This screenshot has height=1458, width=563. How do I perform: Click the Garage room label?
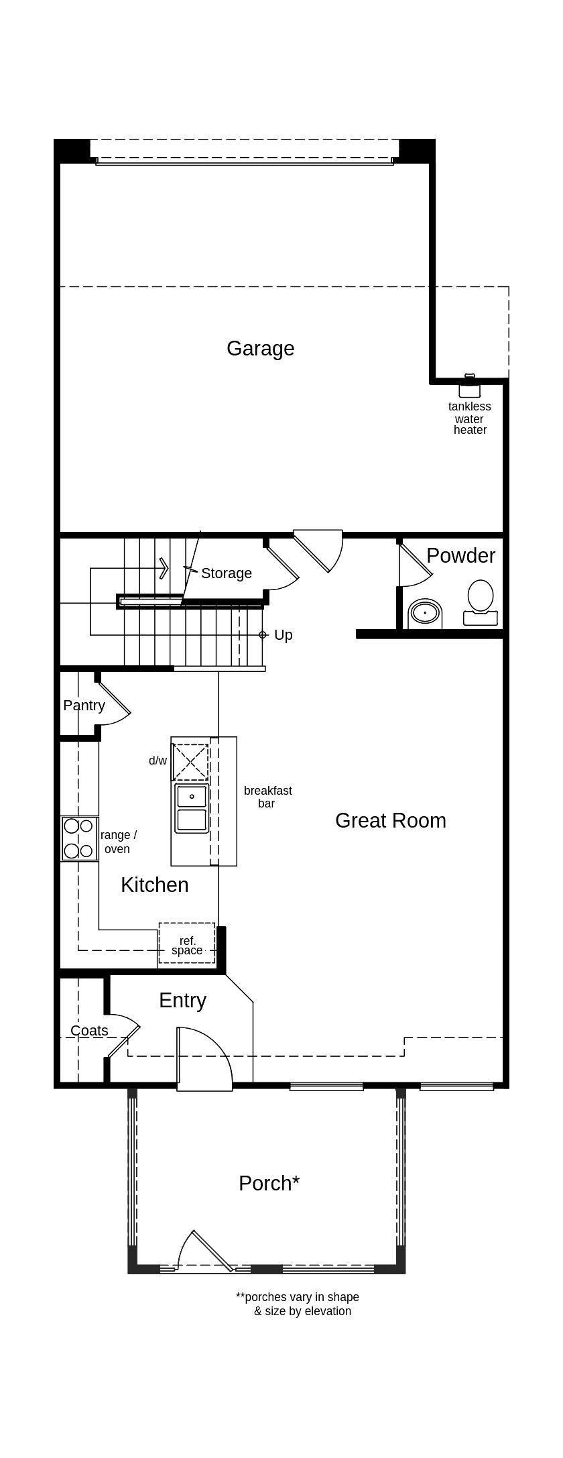click(260, 349)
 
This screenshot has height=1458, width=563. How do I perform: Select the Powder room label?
click(460, 555)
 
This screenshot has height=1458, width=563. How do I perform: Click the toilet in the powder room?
click(481, 603)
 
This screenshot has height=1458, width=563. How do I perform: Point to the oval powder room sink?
click(425, 613)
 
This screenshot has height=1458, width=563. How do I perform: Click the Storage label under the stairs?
click(227, 573)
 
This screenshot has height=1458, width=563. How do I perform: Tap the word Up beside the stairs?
click(284, 635)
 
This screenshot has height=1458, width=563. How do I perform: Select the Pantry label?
click(84, 706)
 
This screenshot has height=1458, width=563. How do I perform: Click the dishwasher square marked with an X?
click(191, 762)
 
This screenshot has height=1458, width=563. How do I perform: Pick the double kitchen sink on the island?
click(192, 808)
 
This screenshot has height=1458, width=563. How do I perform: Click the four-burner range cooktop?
click(79, 838)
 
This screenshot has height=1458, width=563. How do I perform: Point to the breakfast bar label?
click(267, 797)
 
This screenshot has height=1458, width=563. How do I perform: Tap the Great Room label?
click(391, 821)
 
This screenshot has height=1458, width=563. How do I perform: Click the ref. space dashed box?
click(187, 944)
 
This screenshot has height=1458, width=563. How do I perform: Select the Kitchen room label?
click(154, 885)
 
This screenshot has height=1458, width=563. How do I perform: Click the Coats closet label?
click(89, 1031)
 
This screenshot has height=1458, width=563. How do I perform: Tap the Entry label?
click(182, 1001)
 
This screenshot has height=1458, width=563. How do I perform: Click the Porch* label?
click(269, 1183)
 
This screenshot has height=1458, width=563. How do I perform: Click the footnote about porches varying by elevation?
click(298, 1304)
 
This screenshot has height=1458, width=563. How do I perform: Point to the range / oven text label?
click(118, 842)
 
